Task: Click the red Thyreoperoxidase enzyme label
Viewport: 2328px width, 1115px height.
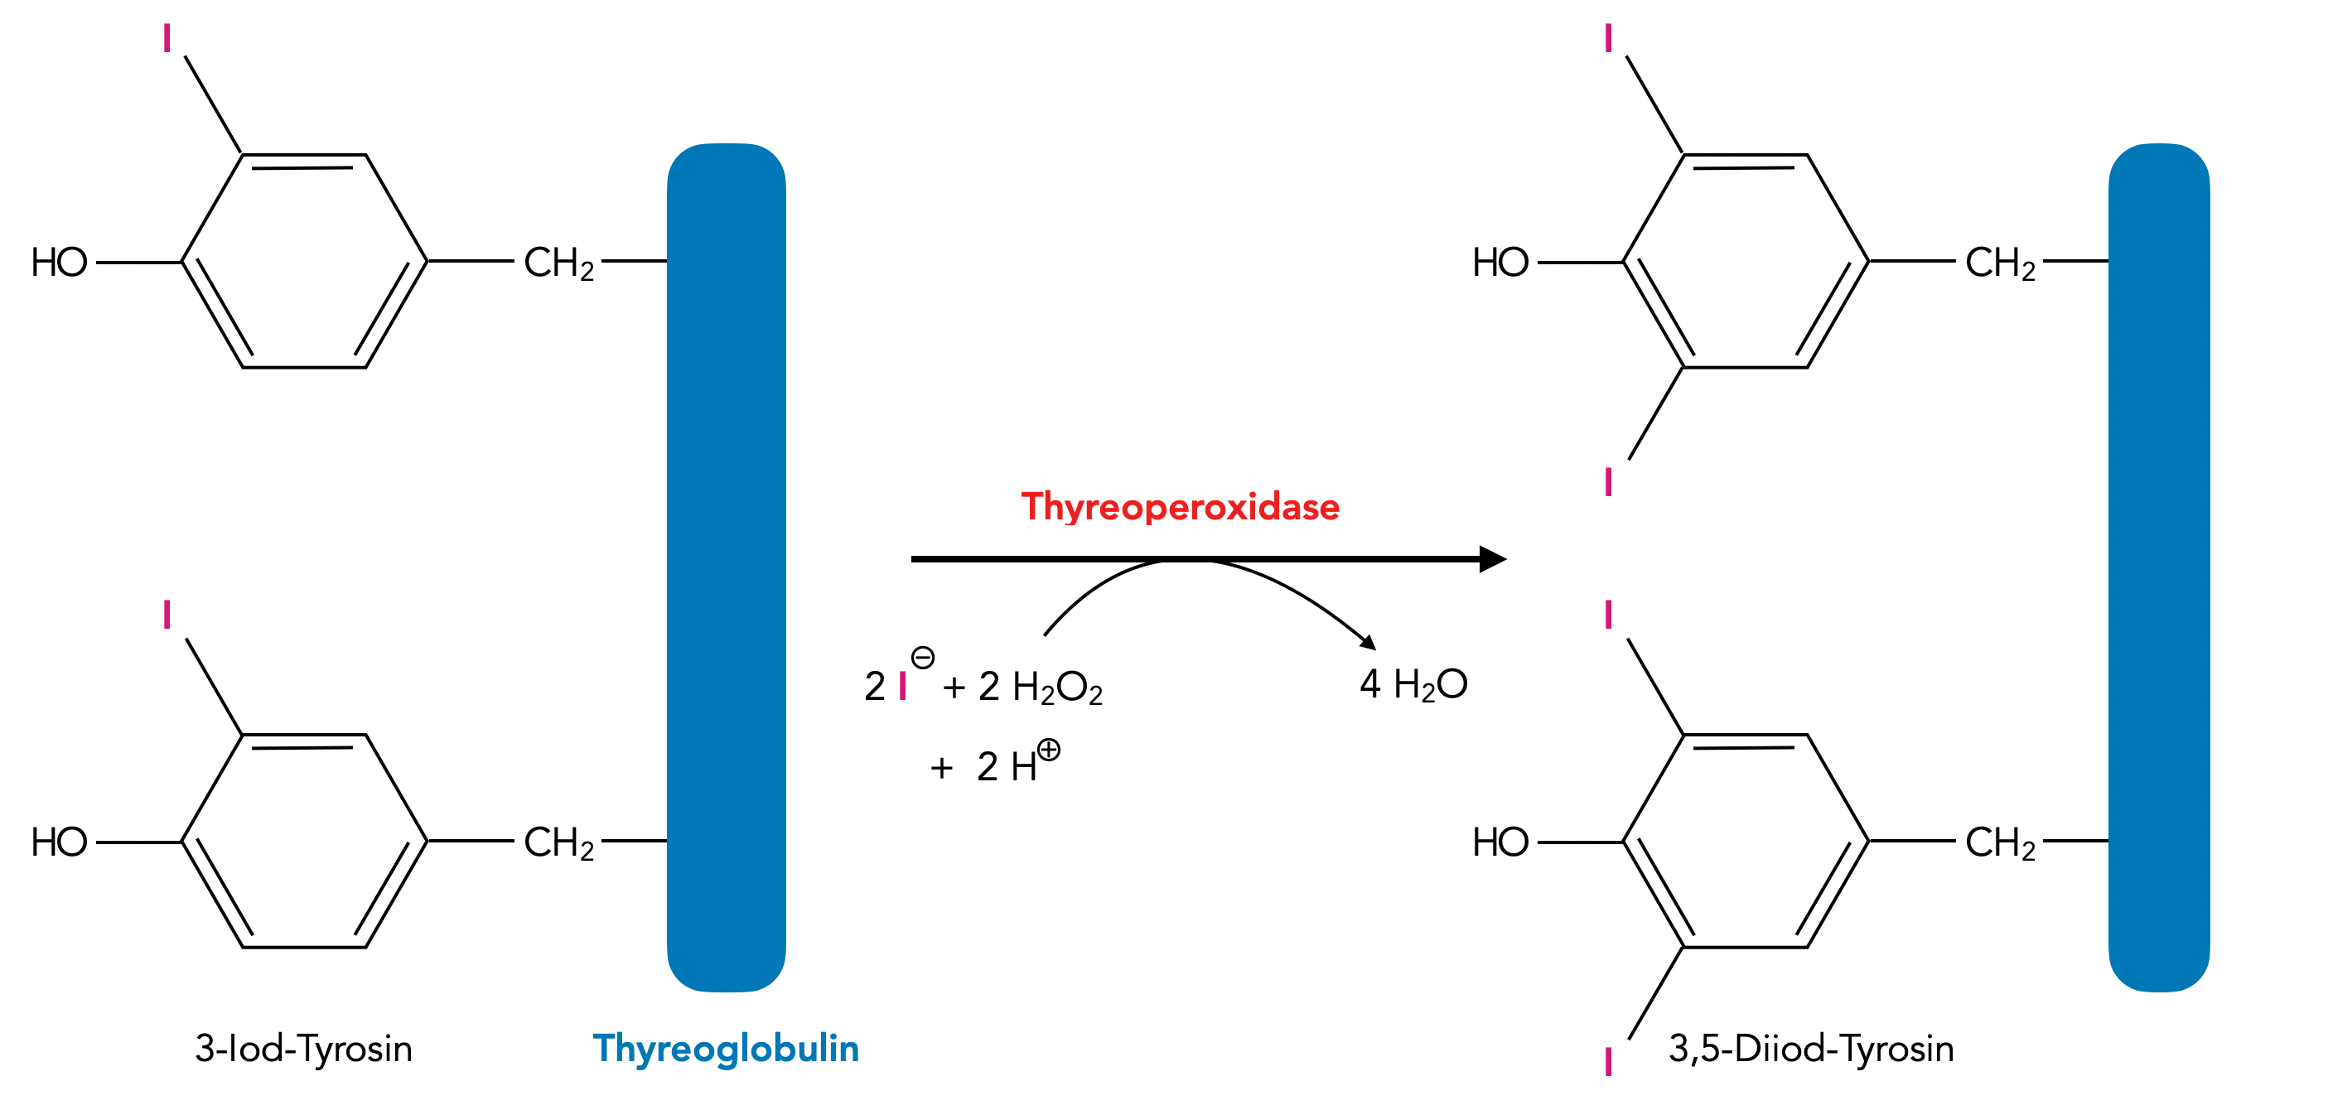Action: [x=1180, y=507]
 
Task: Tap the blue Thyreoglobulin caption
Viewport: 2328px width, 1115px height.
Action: [x=726, y=1048]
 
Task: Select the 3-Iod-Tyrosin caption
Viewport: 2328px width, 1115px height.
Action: [x=304, y=1048]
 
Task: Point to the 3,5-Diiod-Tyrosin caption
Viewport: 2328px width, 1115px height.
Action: [x=1810, y=1048]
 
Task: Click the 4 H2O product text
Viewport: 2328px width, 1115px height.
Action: [x=1413, y=685]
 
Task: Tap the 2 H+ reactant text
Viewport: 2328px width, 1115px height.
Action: [x=1007, y=766]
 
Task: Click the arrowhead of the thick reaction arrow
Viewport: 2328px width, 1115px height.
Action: [x=1492, y=559]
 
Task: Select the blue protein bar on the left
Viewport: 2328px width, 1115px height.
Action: [x=726, y=567]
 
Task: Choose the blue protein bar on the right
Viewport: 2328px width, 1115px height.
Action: [x=2158, y=567]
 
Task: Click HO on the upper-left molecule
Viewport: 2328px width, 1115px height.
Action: [x=60, y=263]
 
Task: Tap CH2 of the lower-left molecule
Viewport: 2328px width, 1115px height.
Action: [x=558, y=842]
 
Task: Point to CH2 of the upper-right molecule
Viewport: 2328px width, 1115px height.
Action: [x=2000, y=263]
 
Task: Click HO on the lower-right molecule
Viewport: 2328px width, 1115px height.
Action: [x=1500, y=842]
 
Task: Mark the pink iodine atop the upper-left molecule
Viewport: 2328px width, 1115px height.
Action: [x=167, y=39]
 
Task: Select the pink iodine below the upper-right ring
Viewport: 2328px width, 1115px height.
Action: [x=1609, y=481]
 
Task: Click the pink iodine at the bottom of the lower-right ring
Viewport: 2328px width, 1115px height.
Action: [x=1609, y=1062]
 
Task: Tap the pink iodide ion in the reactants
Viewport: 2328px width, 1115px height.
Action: [x=903, y=687]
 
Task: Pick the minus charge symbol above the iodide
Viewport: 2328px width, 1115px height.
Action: [x=923, y=657]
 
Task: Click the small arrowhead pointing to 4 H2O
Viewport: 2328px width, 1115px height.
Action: [x=1369, y=643]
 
